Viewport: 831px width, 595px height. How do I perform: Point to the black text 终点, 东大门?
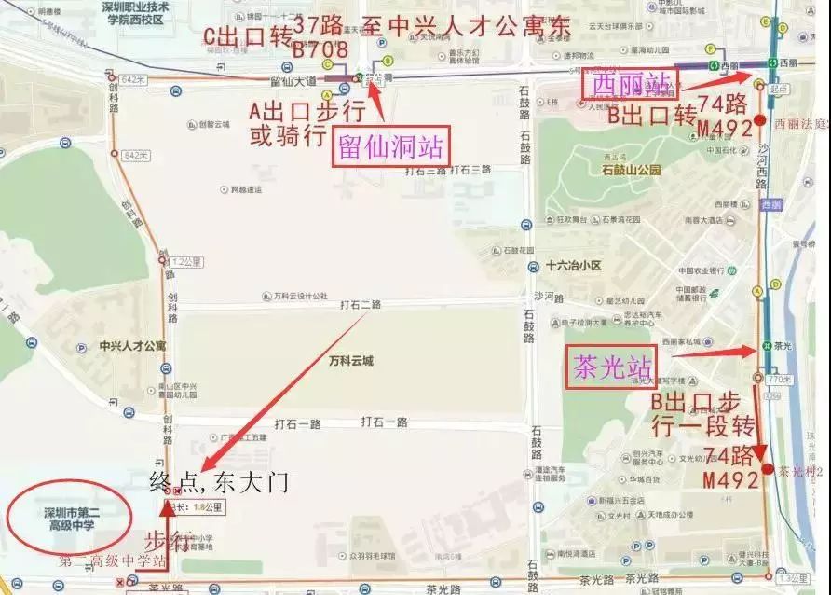click(x=220, y=482)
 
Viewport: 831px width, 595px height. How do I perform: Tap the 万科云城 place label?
click(x=350, y=361)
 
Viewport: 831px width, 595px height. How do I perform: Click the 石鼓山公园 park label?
click(x=631, y=171)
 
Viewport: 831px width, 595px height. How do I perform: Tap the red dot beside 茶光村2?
click(x=766, y=469)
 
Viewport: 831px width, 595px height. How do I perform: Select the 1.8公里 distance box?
click(x=205, y=507)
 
